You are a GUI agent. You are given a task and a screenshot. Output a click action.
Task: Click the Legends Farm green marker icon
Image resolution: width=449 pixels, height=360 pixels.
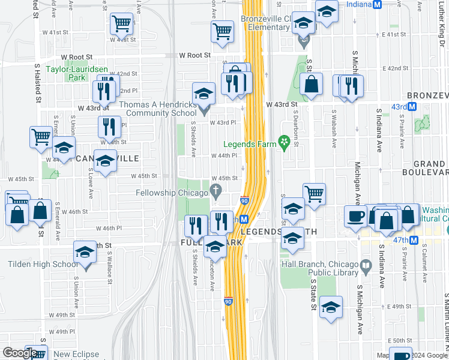[x=285, y=143]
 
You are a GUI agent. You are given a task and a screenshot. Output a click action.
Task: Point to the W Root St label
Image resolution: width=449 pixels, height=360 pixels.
[x=195, y=55]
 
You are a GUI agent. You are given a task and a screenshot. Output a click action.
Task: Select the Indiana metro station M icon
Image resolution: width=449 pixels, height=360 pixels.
[x=378, y=4]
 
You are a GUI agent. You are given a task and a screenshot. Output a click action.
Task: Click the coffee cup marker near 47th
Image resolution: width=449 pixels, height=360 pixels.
[x=355, y=215]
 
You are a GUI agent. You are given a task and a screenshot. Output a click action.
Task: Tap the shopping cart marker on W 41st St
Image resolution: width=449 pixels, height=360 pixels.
[x=122, y=25]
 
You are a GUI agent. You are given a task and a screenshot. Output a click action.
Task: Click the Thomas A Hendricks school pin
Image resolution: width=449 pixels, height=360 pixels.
[x=204, y=110]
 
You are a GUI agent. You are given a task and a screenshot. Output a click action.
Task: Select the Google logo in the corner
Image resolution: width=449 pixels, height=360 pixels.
[x=20, y=353]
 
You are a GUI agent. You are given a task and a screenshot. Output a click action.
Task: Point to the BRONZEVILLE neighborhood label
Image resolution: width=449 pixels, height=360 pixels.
[x=427, y=96]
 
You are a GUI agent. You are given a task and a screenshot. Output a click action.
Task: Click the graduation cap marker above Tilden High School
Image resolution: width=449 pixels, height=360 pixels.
[x=85, y=252]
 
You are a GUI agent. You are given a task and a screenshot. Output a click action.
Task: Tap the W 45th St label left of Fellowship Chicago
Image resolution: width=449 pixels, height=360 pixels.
[x=144, y=176]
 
